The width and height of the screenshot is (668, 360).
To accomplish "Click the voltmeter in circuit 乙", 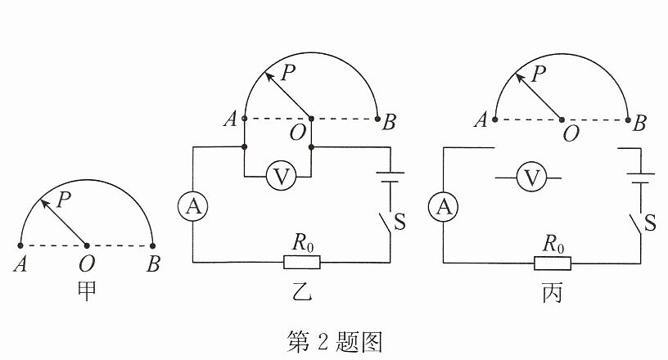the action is pos(281,177).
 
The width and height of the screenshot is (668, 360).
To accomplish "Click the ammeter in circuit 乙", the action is pos(193,207).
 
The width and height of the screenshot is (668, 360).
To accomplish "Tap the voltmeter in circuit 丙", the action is pos(531,178).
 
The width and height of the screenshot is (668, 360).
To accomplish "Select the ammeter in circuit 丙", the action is pos(444,207).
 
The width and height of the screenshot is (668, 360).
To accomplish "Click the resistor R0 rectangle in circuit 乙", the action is pos(302,262).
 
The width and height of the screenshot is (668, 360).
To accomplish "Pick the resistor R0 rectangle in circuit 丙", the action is pos(553,263).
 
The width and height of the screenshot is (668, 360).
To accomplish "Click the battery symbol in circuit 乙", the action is pos(390,177).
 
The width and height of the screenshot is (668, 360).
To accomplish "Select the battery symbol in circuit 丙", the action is pos(640,178).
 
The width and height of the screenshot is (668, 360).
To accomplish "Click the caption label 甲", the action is pos(87,291).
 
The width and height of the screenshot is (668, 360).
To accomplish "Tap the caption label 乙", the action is pos(302,291).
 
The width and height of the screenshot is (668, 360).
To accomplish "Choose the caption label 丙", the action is pos(553,292).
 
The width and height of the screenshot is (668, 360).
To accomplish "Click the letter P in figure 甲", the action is pos(64,200).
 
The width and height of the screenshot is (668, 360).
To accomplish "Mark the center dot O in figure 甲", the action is pos(87,245).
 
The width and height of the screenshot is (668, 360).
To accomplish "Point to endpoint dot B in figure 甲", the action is pos(152,245).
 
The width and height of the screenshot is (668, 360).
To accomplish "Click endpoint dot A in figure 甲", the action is pos(20,245).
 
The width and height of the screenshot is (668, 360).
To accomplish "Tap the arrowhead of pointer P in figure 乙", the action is pos(269,76).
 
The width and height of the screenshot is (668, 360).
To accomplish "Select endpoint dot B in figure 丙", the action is pos(628,119).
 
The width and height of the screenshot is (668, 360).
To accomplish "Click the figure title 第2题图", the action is pos(335,341).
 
